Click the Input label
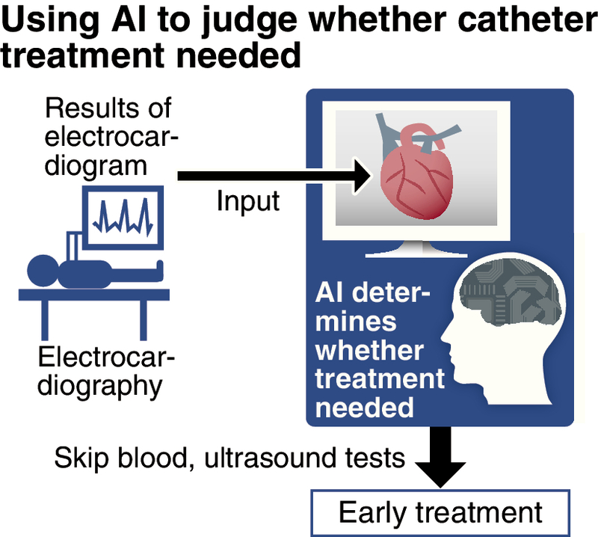[x=249, y=200]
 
